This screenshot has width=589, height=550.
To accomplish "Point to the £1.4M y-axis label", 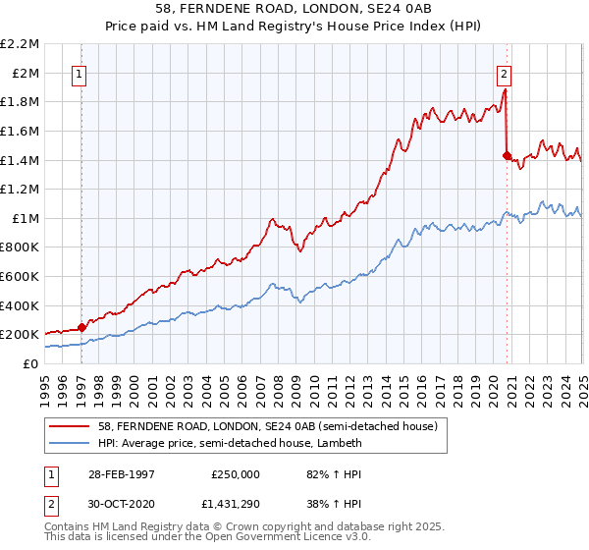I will [22, 160].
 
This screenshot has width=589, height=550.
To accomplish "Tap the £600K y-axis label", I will [22, 277].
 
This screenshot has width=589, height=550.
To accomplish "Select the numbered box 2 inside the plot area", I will [504, 73].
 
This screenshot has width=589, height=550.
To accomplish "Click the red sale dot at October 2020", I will [507, 155].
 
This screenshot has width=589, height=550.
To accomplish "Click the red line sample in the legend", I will [71, 426].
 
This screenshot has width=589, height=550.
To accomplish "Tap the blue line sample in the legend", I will [71, 443].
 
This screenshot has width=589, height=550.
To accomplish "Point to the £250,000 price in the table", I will [236, 472].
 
